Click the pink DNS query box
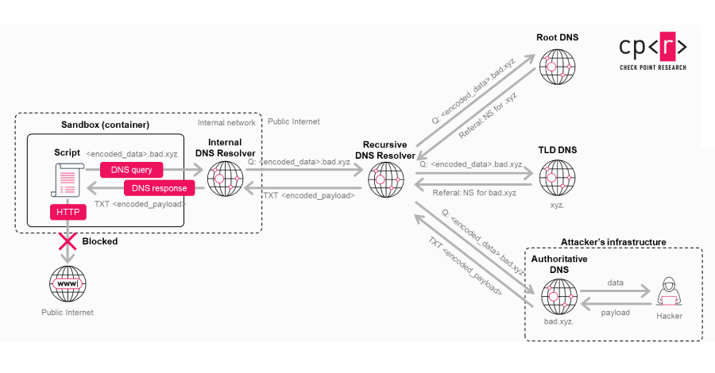pos(132,169)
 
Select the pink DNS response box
pos(159,188)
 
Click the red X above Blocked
pos(67,241)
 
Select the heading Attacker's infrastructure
pos(613,241)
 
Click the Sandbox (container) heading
pos(105,125)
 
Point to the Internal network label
pos(226,123)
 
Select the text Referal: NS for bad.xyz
pos(475,192)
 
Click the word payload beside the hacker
pos(614,313)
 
